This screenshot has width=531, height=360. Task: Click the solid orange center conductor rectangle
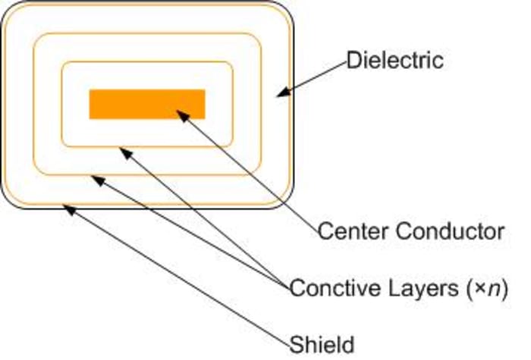[x=147, y=104]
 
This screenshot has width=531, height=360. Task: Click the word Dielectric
[x=394, y=59]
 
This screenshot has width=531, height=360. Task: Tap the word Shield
[x=322, y=344]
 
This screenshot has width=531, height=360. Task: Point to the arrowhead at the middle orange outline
[x=95, y=179]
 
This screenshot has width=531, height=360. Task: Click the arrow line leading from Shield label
[x=182, y=277]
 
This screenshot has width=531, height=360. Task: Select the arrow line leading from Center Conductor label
[x=250, y=171]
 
